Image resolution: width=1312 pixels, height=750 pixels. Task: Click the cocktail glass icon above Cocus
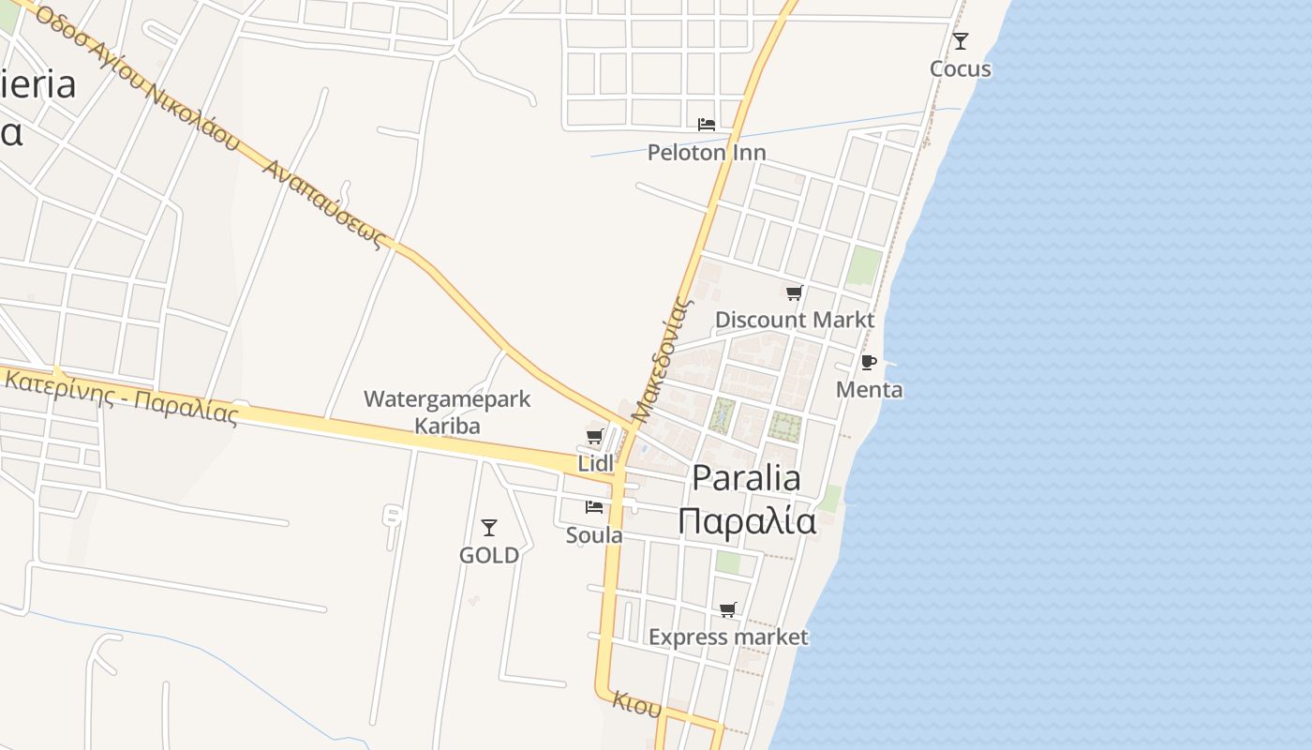click(x=960, y=41)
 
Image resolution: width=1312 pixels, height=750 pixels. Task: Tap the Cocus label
click(x=960, y=68)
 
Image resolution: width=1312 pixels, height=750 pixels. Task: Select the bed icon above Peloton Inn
click(x=707, y=124)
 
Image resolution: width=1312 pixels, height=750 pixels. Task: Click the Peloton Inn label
click(x=707, y=152)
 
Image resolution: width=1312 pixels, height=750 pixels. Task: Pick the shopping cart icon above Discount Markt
click(x=794, y=293)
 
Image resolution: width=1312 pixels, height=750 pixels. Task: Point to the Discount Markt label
click(x=795, y=320)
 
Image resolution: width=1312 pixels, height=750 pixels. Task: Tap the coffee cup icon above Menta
click(x=869, y=362)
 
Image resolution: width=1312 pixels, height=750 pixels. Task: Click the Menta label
click(x=869, y=389)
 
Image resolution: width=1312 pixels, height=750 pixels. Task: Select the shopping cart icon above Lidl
click(x=594, y=436)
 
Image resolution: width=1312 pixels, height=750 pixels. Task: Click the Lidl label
click(x=595, y=463)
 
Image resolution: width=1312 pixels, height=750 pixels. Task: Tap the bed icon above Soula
click(x=594, y=507)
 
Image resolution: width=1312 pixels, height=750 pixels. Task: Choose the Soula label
click(x=594, y=535)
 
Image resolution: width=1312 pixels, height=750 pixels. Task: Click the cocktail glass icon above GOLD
click(x=488, y=528)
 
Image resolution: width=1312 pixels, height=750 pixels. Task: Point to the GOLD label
click(x=488, y=555)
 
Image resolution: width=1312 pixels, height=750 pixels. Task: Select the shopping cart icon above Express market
click(x=728, y=610)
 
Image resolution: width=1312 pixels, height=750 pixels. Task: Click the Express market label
click(x=728, y=637)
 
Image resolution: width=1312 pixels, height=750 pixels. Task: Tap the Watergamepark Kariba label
click(x=447, y=412)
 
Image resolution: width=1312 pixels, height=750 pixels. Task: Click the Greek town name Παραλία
click(x=747, y=520)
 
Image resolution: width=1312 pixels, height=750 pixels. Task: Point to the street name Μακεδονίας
click(x=662, y=360)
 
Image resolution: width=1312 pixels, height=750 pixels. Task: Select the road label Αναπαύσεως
click(x=326, y=203)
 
